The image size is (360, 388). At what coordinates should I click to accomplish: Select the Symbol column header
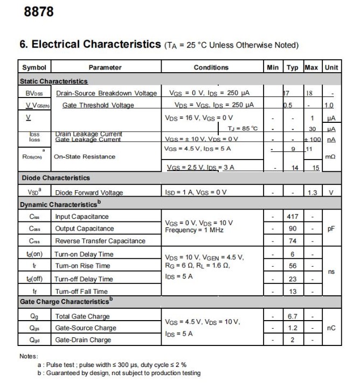point(33,67)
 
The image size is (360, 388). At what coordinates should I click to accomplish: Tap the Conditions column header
point(211,67)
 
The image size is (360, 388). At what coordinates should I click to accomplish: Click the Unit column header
point(331,67)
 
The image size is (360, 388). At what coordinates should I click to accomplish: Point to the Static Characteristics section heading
point(53,81)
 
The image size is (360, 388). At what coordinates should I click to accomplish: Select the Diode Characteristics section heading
point(56,178)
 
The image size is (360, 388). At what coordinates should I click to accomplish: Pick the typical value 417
point(293,217)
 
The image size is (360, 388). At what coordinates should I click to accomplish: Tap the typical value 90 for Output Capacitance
point(293,228)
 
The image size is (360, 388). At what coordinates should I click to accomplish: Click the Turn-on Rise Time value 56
point(293,266)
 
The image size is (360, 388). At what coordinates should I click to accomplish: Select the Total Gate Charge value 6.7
point(293,316)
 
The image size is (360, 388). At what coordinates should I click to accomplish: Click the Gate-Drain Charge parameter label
point(83,340)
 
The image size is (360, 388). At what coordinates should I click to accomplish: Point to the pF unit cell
point(331,228)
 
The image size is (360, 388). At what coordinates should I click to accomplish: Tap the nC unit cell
point(331,328)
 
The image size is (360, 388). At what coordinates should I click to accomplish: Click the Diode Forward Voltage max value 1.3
point(311,192)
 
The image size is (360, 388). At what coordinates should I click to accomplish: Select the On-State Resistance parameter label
point(85,157)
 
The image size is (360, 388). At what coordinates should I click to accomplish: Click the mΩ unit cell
point(331,157)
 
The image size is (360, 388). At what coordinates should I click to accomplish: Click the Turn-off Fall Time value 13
point(293,292)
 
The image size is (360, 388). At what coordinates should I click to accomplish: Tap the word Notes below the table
point(29,356)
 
